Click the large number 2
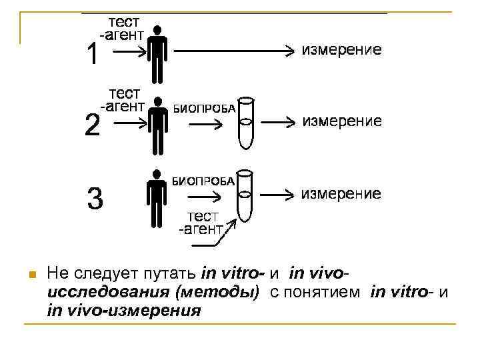[93, 125]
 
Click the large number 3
[95, 198]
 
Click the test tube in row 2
[247, 124]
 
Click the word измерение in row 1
[342, 50]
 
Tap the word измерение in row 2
[342, 121]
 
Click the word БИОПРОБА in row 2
[204, 109]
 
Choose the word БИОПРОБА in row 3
[204, 181]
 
